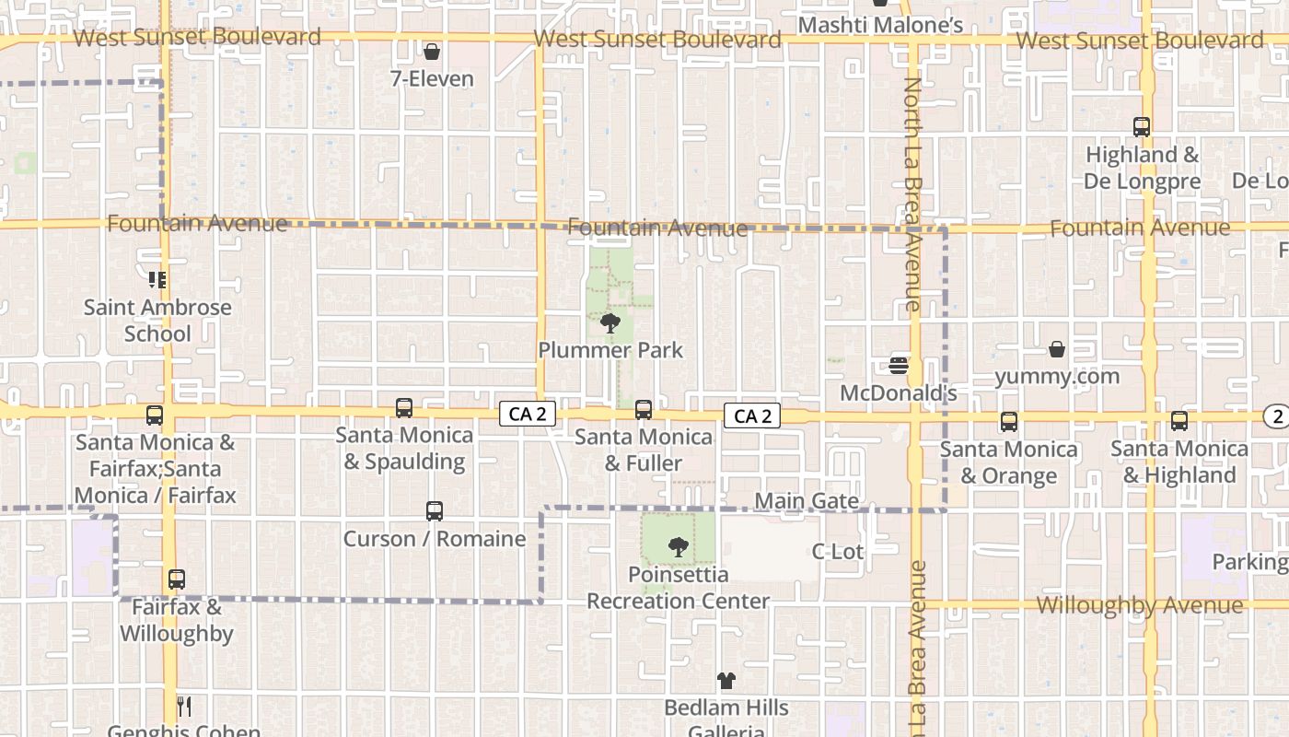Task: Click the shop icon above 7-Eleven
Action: point(432,52)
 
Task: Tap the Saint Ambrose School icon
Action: point(157,279)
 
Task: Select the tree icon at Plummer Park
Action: point(610,322)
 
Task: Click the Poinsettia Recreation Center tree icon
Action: point(679,547)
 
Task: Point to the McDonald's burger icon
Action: point(900,366)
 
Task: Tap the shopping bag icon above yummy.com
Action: point(1057,349)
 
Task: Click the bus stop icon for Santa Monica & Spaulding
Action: point(403,407)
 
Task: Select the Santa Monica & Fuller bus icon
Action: point(644,409)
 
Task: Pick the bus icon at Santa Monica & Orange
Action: point(1009,422)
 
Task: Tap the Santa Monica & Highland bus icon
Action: point(1179,421)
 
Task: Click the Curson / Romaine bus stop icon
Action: point(435,510)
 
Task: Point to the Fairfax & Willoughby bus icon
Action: point(177,579)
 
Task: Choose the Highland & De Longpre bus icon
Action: point(1142,127)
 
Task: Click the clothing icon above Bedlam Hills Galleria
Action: point(726,681)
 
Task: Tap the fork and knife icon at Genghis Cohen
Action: point(184,707)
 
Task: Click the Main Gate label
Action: point(807,501)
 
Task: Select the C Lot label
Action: point(837,551)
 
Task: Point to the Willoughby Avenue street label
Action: point(1139,605)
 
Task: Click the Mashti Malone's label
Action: point(880,25)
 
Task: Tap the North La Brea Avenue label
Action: point(912,193)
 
